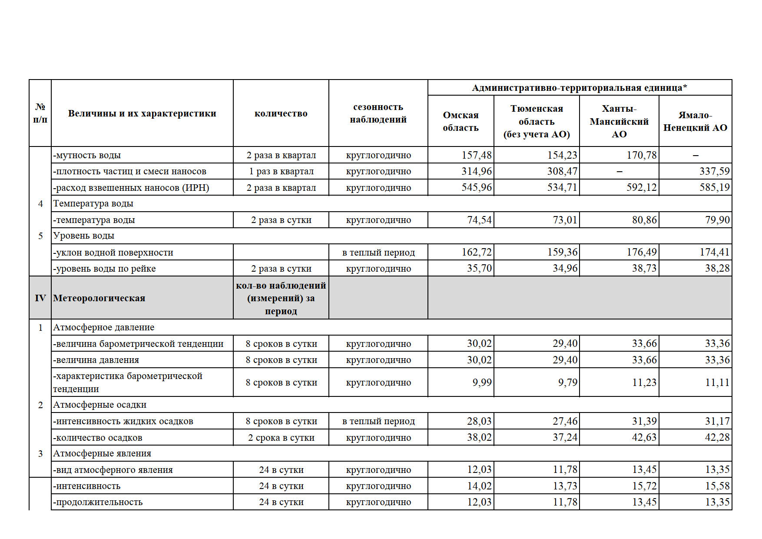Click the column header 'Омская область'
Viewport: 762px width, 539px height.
[x=461, y=121]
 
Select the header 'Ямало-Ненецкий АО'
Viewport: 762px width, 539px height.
[x=695, y=121]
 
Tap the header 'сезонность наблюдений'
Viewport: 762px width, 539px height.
[x=378, y=113]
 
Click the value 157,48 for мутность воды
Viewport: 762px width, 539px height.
[x=477, y=155]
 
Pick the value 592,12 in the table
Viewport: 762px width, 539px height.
[x=641, y=188]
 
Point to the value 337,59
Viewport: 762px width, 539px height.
[x=714, y=171]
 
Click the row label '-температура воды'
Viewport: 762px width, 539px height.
[x=94, y=220]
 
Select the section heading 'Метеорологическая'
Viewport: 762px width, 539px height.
[x=99, y=298]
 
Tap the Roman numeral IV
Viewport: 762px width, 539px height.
[x=40, y=298]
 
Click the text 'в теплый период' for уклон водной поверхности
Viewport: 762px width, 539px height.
[x=378, y=253]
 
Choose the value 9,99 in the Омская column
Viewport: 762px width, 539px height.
[x=482, y=383]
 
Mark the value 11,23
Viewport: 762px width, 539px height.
[x=644, y=383]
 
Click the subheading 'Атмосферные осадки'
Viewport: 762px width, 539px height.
[x=99, y=405]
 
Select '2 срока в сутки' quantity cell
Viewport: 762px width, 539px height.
[x=281, y=438]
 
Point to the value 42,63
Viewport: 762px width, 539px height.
[x=644, y=438]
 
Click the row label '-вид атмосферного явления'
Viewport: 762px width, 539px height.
[x=113, y=470]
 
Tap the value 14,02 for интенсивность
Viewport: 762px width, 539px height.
[x=479, y=486]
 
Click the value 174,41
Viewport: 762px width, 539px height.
[x=714, y=253]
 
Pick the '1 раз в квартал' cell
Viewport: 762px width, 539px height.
[x=281, y=171]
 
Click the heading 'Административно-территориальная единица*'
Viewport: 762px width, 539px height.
[x=580, y=88]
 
